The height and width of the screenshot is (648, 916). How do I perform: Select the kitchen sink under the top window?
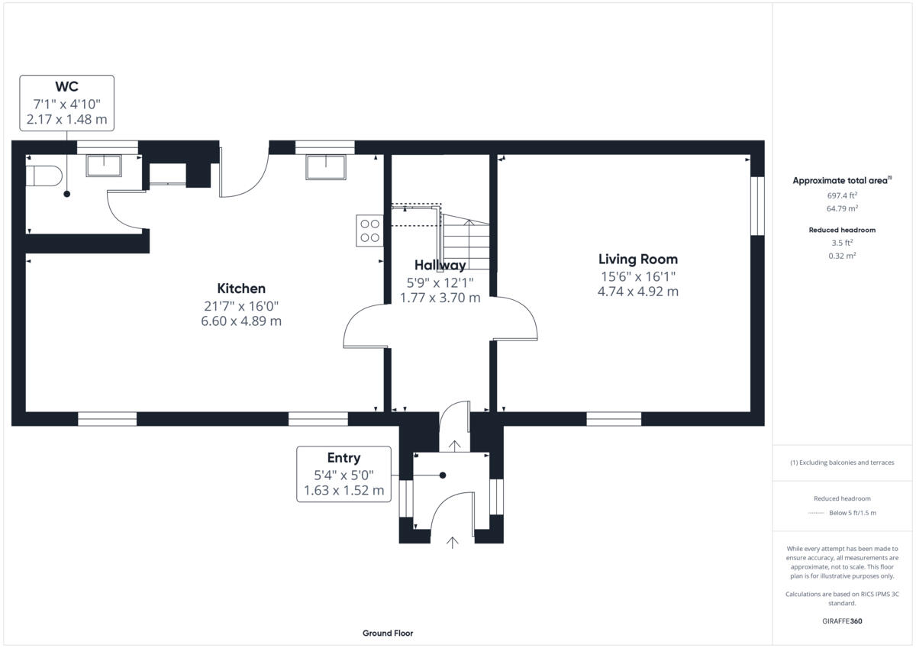[325, 166]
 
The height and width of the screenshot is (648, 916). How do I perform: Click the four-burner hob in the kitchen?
[369, 231]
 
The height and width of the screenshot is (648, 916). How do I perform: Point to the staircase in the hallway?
[465, 242]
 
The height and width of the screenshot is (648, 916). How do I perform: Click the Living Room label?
[637, 260]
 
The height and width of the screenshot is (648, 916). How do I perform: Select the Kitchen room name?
[241, 289]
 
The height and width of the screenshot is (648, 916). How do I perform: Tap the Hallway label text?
[440, 266]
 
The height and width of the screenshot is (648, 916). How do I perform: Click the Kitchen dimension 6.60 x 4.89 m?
[241, 321]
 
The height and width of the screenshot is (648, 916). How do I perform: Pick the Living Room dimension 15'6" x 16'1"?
[637, 276]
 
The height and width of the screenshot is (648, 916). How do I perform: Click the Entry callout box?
[343, 474]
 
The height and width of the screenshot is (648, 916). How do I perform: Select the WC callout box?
[66, 103]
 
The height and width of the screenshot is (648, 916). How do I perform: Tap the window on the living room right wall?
[756, 206]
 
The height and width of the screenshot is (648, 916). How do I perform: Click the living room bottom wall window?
[614, 418]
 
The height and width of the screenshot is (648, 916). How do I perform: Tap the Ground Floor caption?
[388, 633]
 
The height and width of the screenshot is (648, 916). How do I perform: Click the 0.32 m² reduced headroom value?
[841, 256]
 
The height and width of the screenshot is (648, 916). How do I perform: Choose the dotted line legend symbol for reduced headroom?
[816, 513]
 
